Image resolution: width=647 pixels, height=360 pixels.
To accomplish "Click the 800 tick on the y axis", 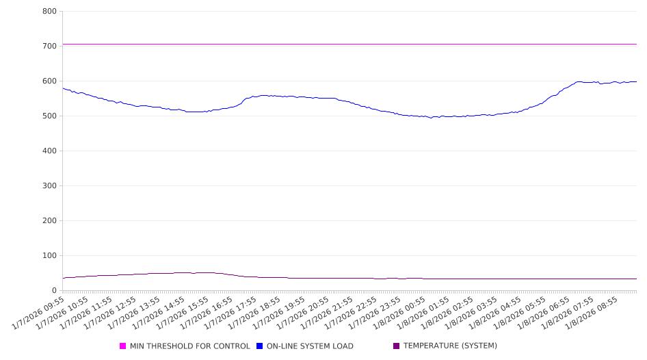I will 49,12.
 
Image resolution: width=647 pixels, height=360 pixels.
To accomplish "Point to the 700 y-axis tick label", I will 49,47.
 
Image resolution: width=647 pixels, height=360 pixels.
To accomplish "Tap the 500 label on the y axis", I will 49,116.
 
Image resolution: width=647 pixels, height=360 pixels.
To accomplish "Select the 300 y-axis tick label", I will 49,186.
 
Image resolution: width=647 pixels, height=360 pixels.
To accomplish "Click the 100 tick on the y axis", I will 49,256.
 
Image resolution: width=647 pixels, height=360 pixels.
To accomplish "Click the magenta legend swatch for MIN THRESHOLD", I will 123,346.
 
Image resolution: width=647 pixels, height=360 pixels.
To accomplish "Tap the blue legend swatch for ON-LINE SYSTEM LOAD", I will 260,346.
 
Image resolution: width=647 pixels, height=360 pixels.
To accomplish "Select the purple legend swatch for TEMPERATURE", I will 397,346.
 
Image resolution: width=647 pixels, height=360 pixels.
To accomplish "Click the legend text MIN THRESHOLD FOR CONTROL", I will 190,346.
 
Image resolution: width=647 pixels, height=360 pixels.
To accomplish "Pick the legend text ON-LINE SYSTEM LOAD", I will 310,346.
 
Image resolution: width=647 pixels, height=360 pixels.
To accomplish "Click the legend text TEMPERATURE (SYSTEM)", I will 450,346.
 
